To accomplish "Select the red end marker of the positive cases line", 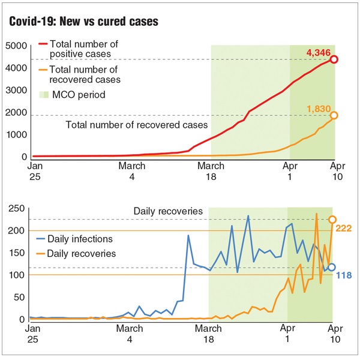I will coord(334,59).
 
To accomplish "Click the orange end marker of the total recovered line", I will coord(334,115).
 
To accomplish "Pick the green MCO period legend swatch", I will coord(43,95).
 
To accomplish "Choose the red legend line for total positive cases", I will coord(43,44).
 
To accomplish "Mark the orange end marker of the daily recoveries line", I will coord(332,220).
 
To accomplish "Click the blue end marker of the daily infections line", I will coord(332,267).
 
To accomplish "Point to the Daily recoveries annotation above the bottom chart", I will coord(169,212).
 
